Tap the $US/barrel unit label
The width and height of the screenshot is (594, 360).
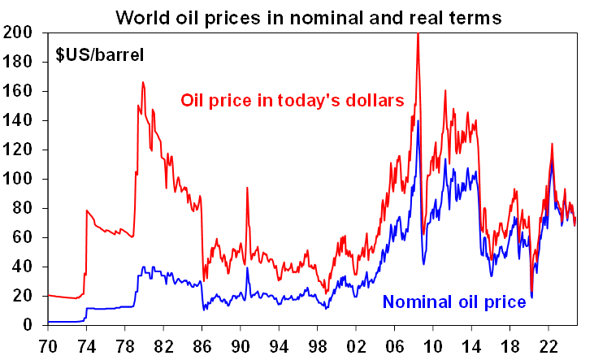[x=100, y=56]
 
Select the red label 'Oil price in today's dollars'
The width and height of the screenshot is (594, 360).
[x=292, y=101]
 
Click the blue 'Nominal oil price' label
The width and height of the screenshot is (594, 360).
[x=454, y=302]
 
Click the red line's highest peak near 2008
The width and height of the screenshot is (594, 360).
[x=418, y=35]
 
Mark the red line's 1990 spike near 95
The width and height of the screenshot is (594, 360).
[x=247, y=188]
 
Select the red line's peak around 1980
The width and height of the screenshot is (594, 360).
[x=143, y=82]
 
